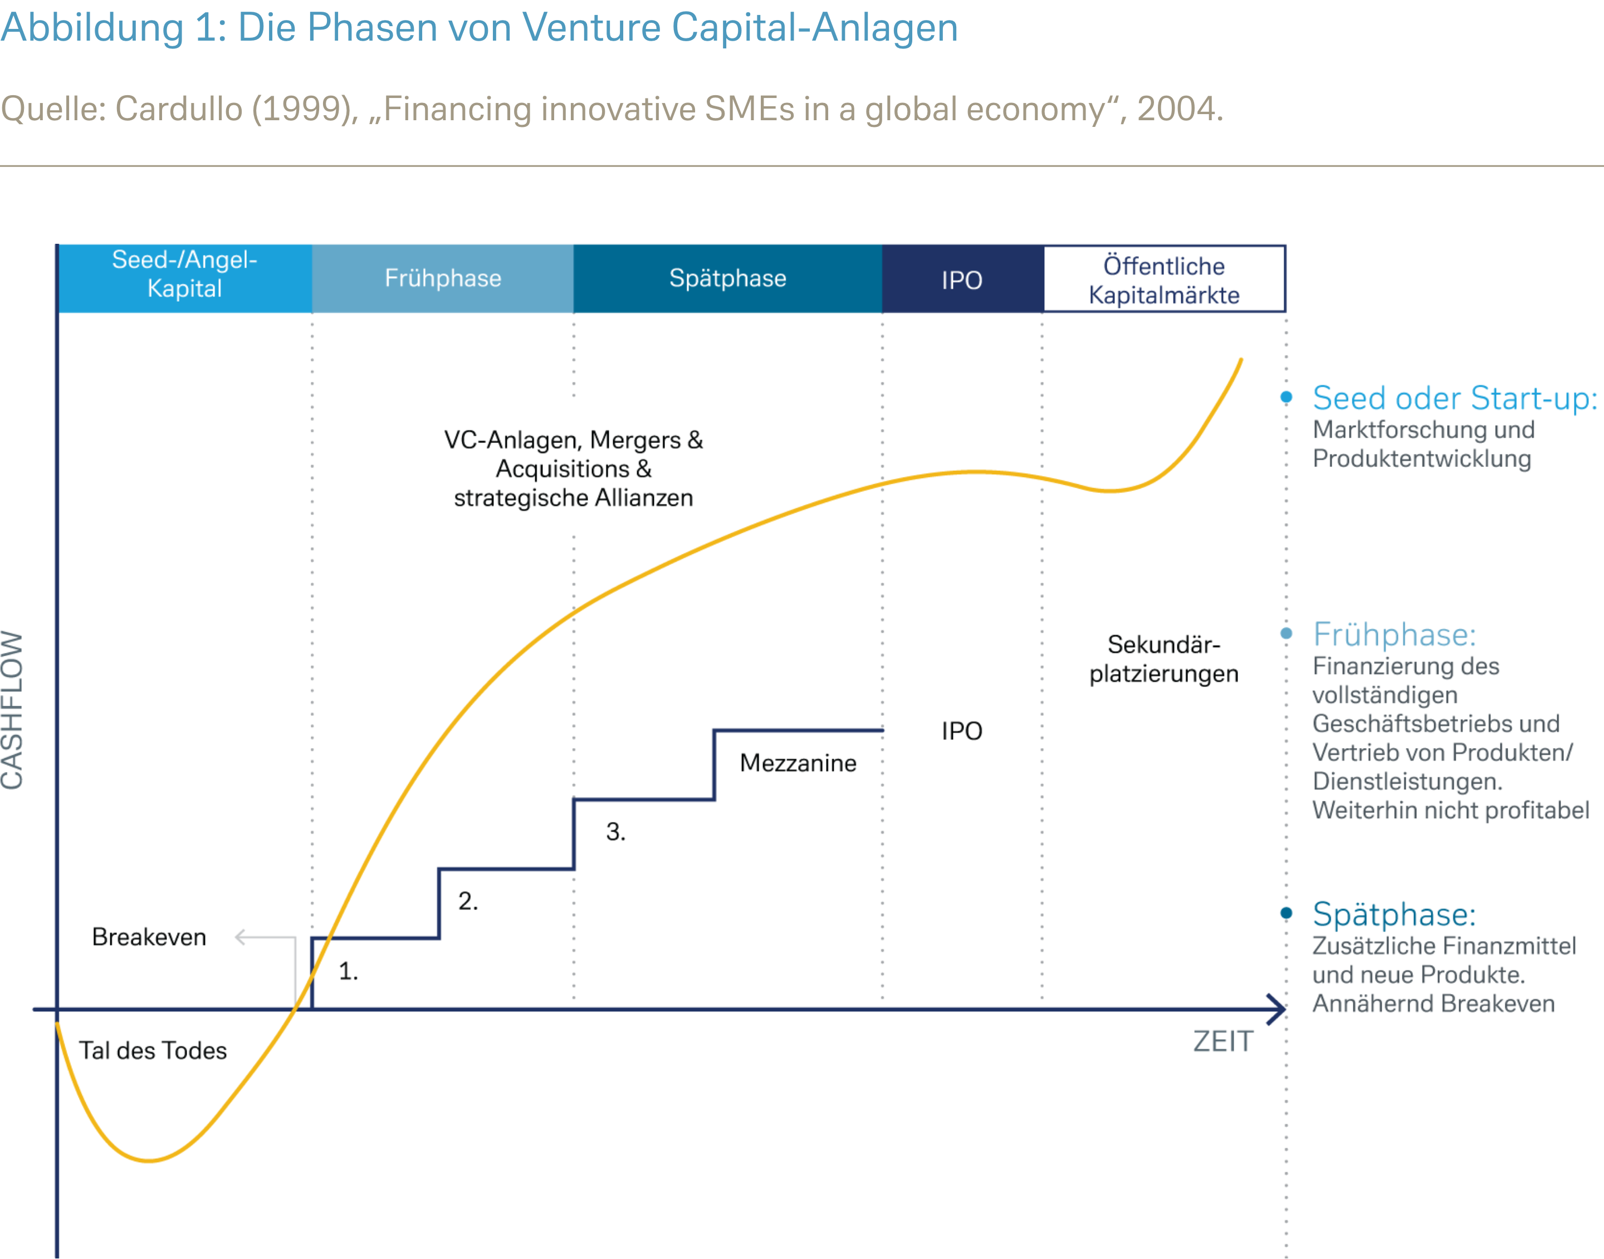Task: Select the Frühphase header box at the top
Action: pyautogui.click(x=442, y=279)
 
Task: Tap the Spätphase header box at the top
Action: pyautogui.click(x=727, y=279)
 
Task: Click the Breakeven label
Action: pyautogui.click(x=149, y=937)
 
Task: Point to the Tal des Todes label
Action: pyautogui.click(x=153, y=1050)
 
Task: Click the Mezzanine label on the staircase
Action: pyautogui.click(x=798, y=763)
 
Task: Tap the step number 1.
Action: pyautogui.click(x=348, y=972)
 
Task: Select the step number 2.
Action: pyautogui.click(x=468, y=901)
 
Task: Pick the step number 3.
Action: pyautogui.click(x=615, y=832)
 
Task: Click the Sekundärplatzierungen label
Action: pyautogui.click(x=1163, y=659)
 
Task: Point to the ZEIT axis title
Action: pyautogui.click(x=1222, y=1041)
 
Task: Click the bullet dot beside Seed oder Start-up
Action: pyautogui.click(x=1286, y=397)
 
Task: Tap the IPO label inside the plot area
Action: pyautogui.click(x=962, y=731)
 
